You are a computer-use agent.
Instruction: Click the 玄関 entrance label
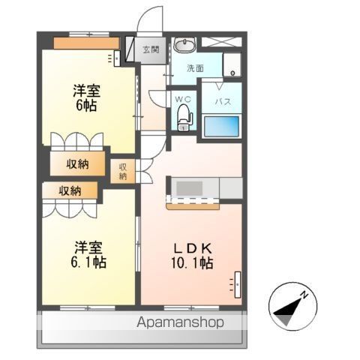click(151, 49)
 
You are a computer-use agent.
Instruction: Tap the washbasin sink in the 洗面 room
click(184, 45)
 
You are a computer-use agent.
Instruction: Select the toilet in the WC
click(184, 117)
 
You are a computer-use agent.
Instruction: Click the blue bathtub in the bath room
click(221, 126)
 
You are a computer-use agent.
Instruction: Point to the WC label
click(183, 99)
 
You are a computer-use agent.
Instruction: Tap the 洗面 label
click(196, 68)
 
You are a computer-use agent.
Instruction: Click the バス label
click(223, 101)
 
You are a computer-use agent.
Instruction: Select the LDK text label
click(193, 248)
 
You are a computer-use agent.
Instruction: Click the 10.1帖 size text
click(192, 263)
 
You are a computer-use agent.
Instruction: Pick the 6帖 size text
click(86, 105)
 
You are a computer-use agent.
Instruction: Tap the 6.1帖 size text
click(88, 262)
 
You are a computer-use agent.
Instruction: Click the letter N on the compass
click(304, 295)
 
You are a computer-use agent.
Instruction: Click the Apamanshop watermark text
click(180, 322)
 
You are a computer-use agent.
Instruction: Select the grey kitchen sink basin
click(189, 188)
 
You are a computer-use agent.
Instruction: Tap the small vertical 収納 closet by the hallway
click(123, 172)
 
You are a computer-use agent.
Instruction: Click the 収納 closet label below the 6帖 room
click(77, 164)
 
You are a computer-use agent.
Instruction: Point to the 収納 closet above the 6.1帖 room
click(70, 190)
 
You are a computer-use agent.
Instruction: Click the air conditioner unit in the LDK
click(238, 285)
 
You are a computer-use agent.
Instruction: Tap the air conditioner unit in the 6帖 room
click(117, 58)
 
